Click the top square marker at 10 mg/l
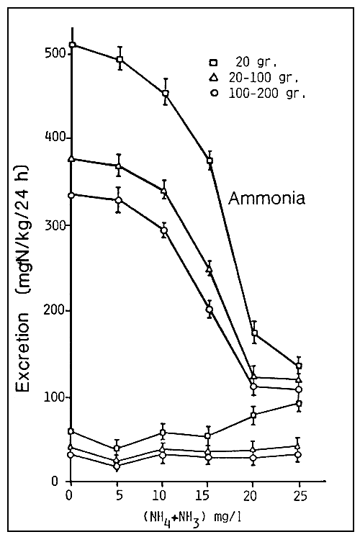pyautogui.click(x=166, y=94)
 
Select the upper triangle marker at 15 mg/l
pyautogui.click(x=210, y=269)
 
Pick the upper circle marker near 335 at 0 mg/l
pyautogui.click(x=71, y=195)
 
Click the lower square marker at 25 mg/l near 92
pyautogui.click(x=299, y=404)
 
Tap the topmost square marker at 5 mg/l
pyautogui.click(x=120, y=59)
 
